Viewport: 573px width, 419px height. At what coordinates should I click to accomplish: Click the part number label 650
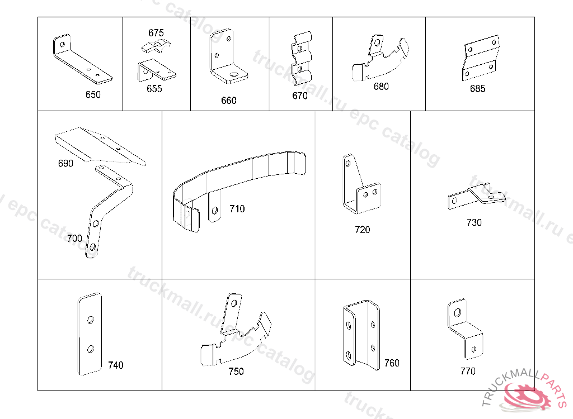click(x=93, y=94)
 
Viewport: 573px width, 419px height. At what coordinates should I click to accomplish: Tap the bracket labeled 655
click(x=156, y=69)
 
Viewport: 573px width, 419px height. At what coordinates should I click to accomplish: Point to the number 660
click(x=228, y=101)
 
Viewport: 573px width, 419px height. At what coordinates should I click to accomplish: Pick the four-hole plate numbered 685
click(x=480, y=58)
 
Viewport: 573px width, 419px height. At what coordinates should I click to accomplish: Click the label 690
click(x=65, y=164)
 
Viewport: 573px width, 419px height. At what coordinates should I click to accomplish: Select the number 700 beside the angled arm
click(x=74, y=238)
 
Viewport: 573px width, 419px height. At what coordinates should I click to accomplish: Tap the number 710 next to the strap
click(x=237, y=209)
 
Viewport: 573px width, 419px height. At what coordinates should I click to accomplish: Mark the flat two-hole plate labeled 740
click(x=90, y=334)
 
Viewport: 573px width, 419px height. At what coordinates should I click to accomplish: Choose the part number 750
click(x=236, y=372)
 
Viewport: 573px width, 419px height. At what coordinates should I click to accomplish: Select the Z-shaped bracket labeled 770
click(x=464, y=330)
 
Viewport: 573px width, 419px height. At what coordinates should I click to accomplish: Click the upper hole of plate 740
click(x=90, y=320)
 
